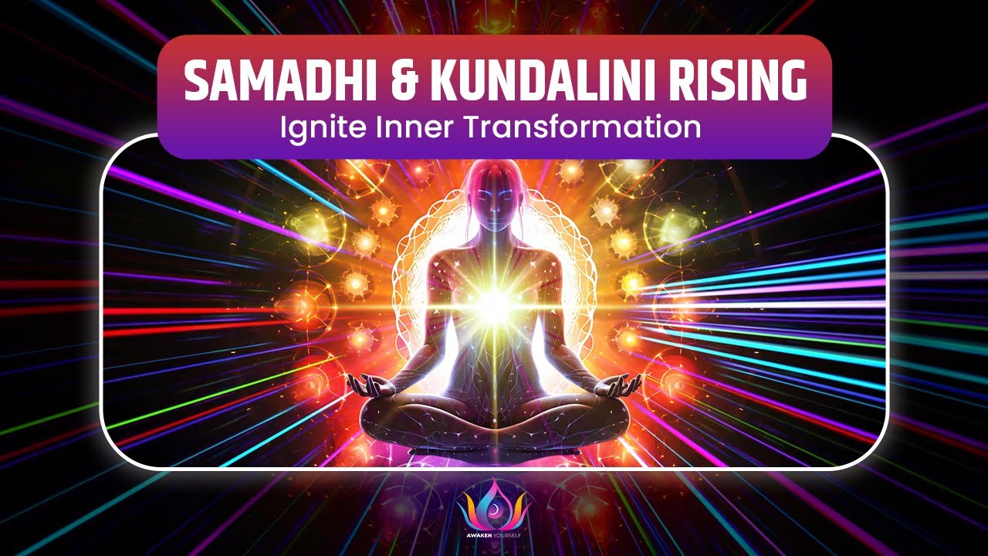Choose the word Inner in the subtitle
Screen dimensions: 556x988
point(407,126)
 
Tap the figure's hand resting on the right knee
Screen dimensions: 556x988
point(625,385)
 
